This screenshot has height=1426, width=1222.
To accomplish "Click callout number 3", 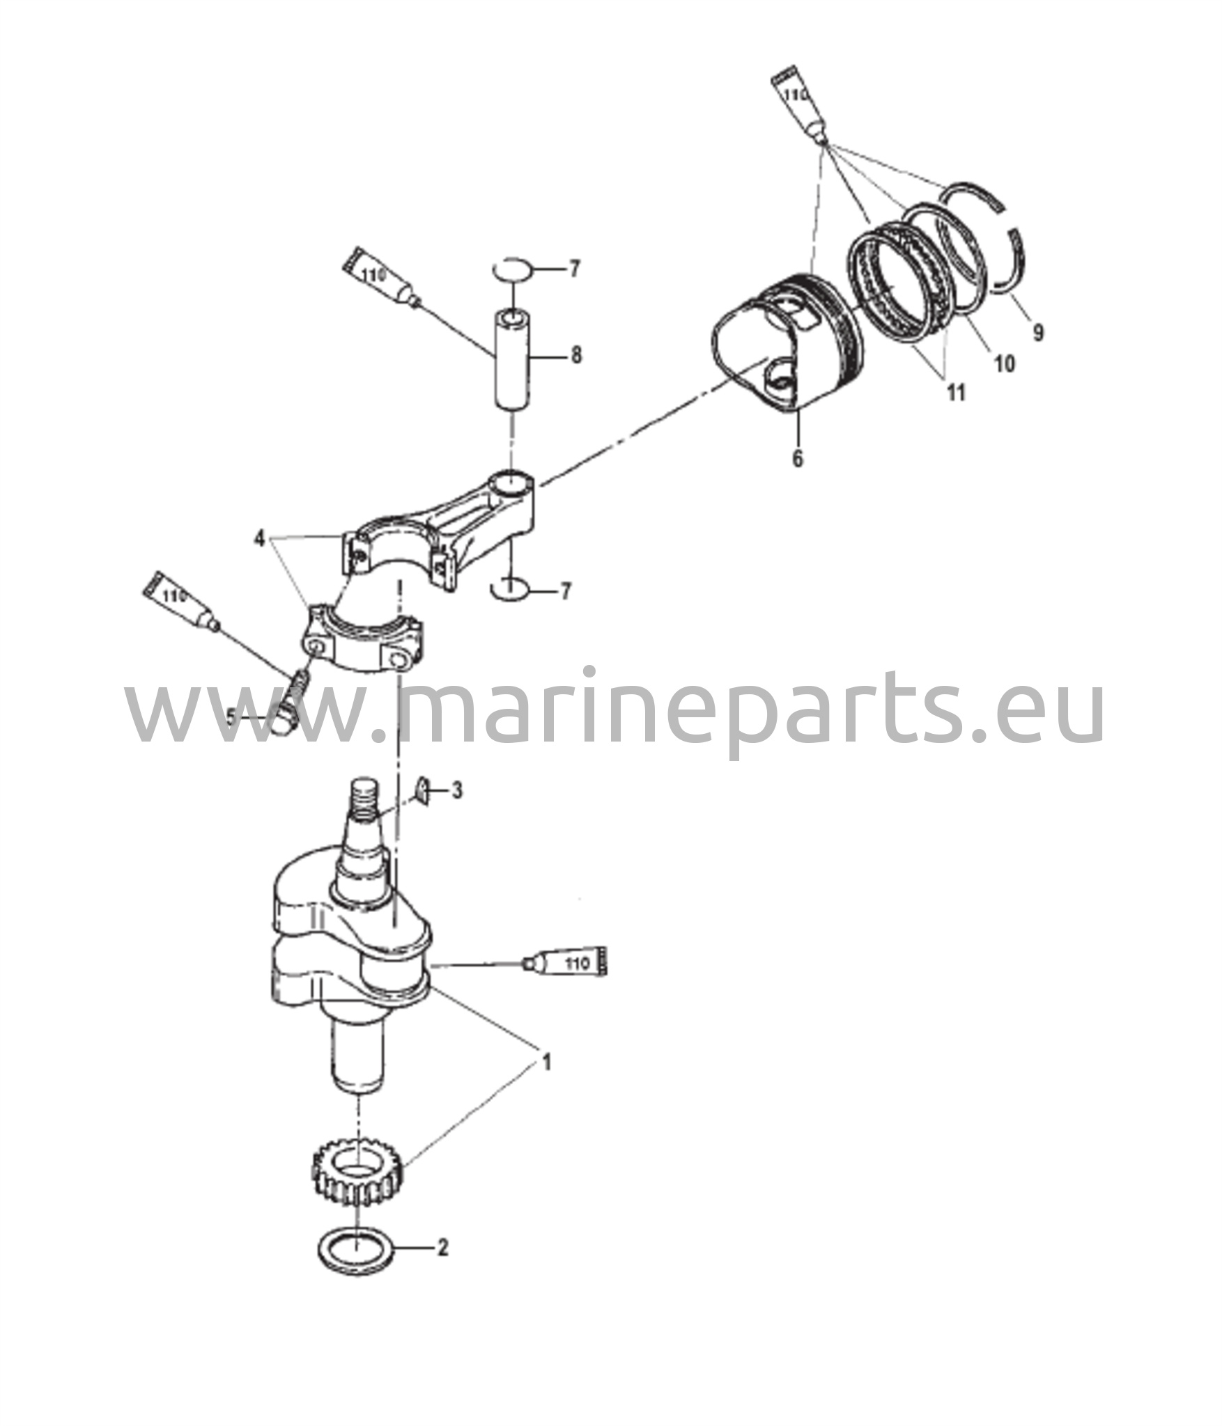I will pos(457,791).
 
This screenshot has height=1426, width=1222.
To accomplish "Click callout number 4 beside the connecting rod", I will pos(259,538).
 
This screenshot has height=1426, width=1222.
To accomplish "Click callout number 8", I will pos(575,356).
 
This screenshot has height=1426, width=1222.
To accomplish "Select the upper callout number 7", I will pos(574,269).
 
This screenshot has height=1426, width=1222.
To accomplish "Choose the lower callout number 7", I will pos(566,591).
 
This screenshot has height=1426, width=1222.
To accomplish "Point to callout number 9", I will pos(1038,333).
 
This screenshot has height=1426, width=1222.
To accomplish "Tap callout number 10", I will pos(1004,363).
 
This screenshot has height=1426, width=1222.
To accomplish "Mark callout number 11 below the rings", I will pos(956,393).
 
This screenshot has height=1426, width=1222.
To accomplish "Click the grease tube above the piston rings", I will pos(799,102).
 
